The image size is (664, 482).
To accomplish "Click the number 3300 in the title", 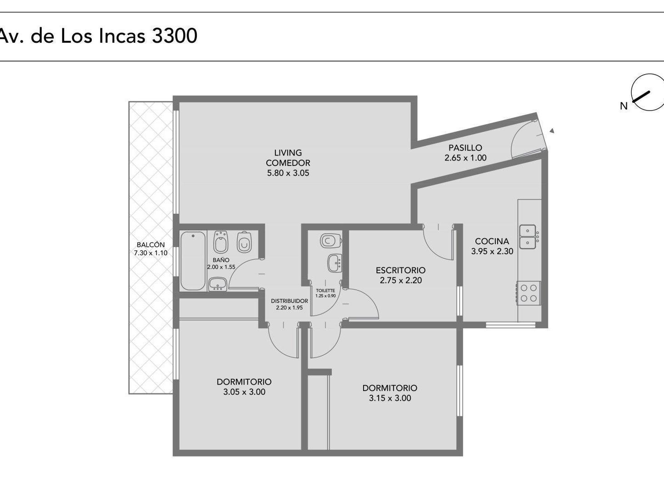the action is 175,35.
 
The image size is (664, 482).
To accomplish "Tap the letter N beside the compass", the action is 624,106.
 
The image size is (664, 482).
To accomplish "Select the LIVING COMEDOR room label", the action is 288,158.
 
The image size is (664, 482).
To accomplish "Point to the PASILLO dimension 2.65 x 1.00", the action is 465,158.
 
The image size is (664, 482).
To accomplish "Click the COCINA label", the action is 492,241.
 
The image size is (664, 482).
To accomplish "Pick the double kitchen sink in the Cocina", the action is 528,236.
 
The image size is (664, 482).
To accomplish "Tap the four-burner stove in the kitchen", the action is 529,293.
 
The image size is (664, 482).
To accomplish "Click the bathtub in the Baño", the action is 193,261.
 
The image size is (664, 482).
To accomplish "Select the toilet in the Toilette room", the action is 331,241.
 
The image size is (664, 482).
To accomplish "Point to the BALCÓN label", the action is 150,245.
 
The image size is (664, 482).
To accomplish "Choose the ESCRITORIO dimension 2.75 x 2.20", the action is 401,280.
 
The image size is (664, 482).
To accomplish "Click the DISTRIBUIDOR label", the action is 290,301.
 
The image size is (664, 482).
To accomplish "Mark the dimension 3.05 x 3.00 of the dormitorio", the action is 244,392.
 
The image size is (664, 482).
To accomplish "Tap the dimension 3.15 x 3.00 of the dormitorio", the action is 390,398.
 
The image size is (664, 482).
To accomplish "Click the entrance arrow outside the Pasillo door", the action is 552,131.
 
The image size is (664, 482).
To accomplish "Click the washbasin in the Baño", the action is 218,284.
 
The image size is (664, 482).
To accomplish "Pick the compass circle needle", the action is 641,96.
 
